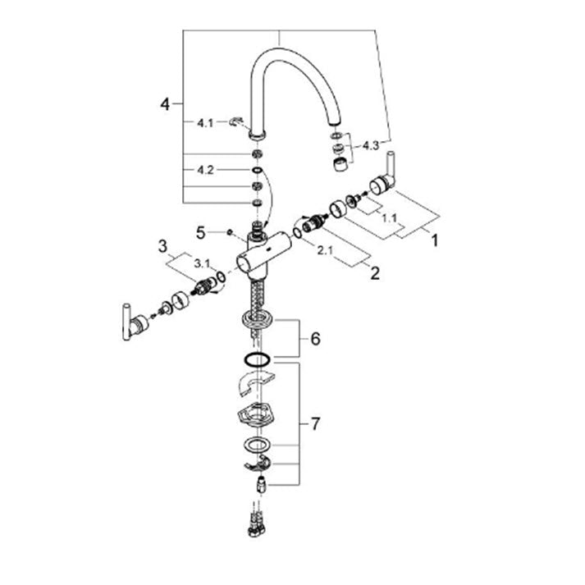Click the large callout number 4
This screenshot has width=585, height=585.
click(165, 104)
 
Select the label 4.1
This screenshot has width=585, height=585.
click(205, 123)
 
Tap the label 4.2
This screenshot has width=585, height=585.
click(205, 170)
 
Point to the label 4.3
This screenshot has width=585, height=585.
click(371, 145)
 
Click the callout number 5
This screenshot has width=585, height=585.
click(201, 233)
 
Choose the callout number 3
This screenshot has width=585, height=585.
click(162, 247)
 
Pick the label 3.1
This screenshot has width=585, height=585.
click(202, 263)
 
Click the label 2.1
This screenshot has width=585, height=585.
click(325, 251)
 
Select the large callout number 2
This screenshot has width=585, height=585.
click(375, 273)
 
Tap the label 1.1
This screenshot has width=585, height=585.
click(389, 217)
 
